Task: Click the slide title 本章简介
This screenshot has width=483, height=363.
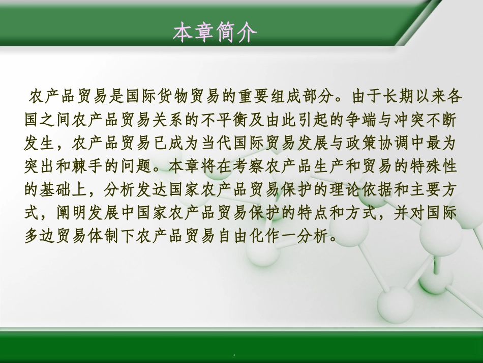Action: pyautogui.click(x=215, y=33)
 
